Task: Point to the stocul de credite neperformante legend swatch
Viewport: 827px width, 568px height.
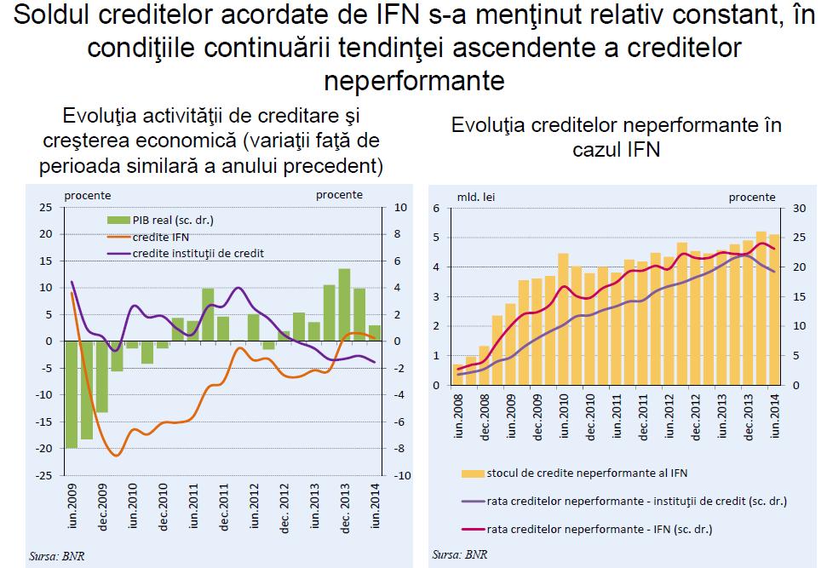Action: click(x=474, y=473)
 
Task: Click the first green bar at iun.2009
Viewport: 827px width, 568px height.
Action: click(x=71, y=394)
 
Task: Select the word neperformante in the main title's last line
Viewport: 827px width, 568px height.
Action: click(x=414, y=82)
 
